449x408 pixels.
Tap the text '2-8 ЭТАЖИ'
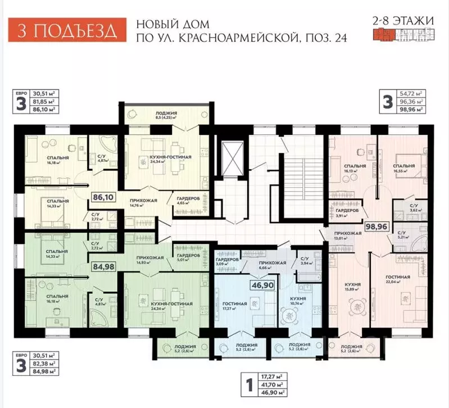(x=403, y=21)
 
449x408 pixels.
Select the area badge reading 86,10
(x=103, y=198)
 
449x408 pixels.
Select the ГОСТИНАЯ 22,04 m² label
(x=397, y=280)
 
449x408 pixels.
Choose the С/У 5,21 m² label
(x=402, y=235)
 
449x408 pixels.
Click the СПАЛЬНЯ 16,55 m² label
(x=403, y=169)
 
